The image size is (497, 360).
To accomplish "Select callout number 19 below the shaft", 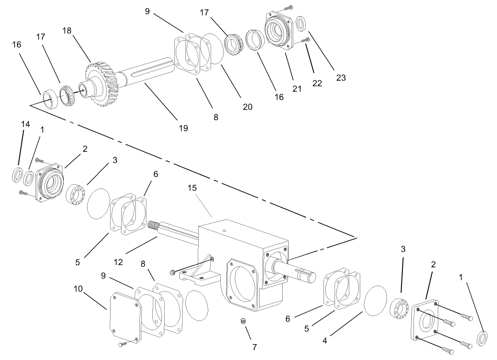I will coord(183,128).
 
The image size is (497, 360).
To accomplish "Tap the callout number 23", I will coord(341,78).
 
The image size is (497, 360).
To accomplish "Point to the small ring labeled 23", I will coord(302,22).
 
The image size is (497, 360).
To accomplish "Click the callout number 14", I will coord(25,124).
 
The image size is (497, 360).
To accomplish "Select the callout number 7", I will coord(255,347).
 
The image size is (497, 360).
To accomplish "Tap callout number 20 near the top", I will coord(248,106).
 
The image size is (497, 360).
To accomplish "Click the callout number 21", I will coord(297,89).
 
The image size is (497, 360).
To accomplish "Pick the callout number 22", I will coord(317,83).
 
